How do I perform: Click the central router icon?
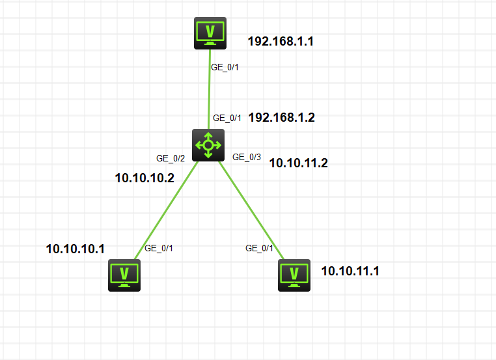208,145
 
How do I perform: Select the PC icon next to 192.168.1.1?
210,33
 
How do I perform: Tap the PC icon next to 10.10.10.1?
124,275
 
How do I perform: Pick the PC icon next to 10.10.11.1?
294,275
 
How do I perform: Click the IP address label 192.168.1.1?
281,42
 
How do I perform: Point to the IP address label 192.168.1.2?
282,118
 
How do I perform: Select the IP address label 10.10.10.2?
145,178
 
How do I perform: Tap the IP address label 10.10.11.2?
298,163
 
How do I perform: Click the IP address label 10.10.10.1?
76,249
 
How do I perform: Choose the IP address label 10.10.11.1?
350,271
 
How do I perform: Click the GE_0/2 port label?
171,158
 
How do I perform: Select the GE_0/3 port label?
247,157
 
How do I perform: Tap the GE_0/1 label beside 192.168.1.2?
227,118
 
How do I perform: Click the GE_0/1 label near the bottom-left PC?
159,247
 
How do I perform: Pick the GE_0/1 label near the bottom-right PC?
260,248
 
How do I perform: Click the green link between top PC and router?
210,91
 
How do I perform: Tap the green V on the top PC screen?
210,31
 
